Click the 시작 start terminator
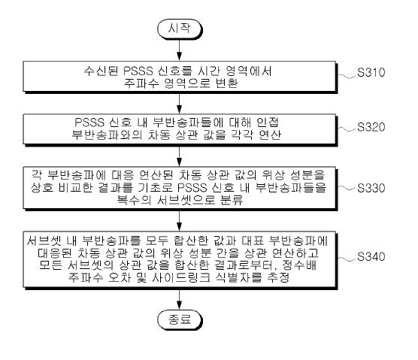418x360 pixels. point(180,29)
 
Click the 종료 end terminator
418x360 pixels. point(180,319)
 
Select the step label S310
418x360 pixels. point(371,72)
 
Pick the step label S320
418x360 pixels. point(371,127)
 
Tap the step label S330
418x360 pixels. point(371,188)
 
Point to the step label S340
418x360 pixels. point(371,256)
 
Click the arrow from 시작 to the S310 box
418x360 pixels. point(180,50)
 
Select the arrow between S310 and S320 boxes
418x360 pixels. point(180,104)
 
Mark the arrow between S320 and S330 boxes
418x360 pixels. point(180,156)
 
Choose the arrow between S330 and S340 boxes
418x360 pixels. point(180,221)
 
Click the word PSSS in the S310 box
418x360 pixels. point(138,71)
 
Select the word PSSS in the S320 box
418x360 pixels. point(89,123)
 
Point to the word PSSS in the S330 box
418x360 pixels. point(192,188)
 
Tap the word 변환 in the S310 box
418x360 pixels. point(226,83)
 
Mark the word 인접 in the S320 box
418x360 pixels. point(268,123)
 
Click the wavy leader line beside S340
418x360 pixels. point(347,259)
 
